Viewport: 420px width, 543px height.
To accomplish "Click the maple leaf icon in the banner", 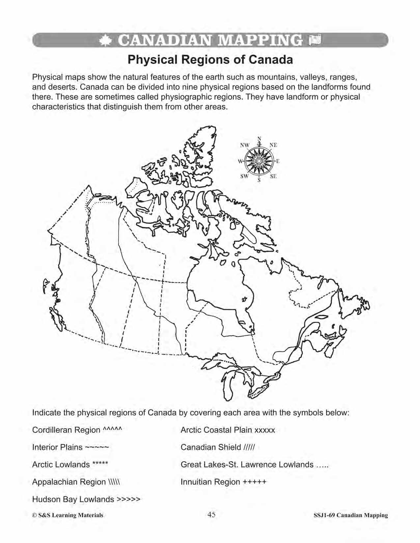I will tap(106, 40).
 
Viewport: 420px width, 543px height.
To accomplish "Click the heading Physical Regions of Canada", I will tap(210, 60).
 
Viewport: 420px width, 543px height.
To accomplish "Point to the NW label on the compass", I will tap(245, 145).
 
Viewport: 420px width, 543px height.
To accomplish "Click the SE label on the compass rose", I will tap(273, 176).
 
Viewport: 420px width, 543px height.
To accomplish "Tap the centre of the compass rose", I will tap(259, 161).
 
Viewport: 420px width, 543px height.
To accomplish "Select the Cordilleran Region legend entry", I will tap(77, 430).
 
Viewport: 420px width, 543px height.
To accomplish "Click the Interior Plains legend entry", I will tap(70, 447).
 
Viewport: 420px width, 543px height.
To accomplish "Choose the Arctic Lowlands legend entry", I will tap(70, 464).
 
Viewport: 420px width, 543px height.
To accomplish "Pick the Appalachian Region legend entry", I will tap(76, 482).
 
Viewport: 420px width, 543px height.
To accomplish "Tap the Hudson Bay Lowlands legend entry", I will tap(86, 499).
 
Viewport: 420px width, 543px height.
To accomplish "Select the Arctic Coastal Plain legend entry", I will tap(228, 430).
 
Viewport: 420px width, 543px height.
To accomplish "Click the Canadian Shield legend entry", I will tap(218, 447).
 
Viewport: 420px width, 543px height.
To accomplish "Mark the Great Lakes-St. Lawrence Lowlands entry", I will tap(254, 464).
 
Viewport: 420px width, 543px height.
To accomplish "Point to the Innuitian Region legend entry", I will tap(223, 482).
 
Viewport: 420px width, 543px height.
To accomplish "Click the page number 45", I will tap(211, 515).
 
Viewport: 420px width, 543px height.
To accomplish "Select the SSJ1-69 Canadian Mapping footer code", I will tap(350, 515).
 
